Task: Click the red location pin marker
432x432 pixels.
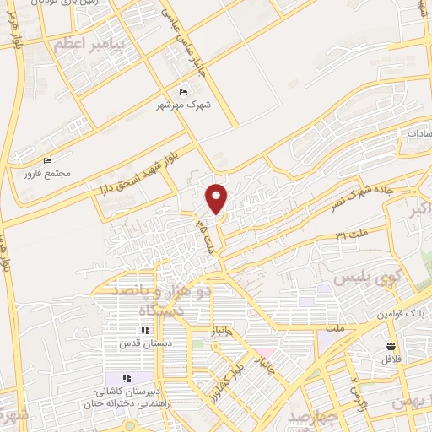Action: pyautogui.click(x=217, y=198)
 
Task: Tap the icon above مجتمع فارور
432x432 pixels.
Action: pyautogui.click(x=48, y=160)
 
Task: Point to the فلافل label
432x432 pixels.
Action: pyautogui.click(x=389, y=360)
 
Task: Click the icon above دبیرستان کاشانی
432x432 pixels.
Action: pyautogui.click(x=125, y=378)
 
